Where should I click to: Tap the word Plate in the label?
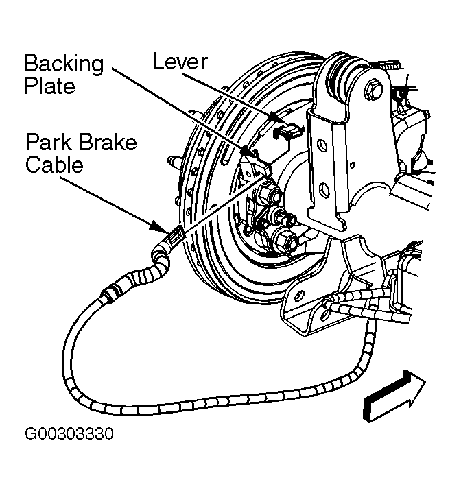(50, 86)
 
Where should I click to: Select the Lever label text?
(180, 62)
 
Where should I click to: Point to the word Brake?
(108, 142)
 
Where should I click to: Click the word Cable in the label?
(54, 165)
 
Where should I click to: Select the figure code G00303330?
(69, 433)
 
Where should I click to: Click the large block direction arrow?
(394, 396)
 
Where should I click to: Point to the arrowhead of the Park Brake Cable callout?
(160, 227)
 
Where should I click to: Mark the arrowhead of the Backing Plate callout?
(250, 153)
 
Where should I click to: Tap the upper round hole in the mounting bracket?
(321, 145)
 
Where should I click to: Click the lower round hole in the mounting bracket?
(324, 190)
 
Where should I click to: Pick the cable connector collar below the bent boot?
(110, 294)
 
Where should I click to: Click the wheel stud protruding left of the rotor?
(173, 160)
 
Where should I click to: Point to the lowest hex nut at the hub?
(283, 240)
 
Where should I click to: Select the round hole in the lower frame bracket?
(300, 294)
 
